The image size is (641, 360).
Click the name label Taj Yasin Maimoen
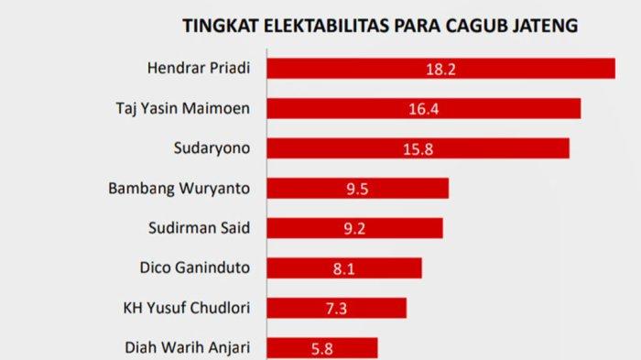click(190, 108)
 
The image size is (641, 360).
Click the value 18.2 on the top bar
click(440, 69)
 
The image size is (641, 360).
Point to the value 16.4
click(424, 108)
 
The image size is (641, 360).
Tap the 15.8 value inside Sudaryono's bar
click(418, 148)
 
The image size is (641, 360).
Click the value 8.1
click(344, 267)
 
